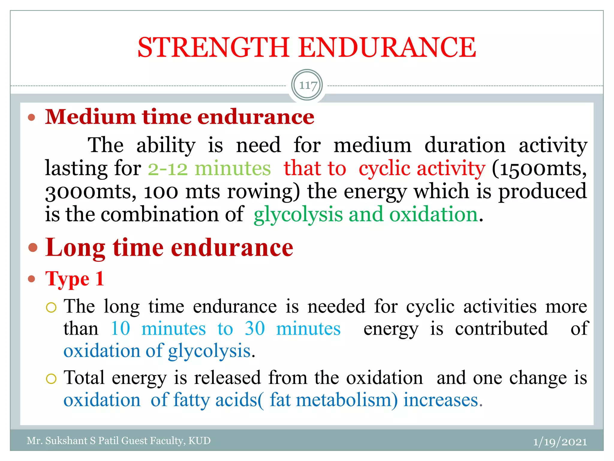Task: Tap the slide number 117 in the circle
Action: coord(308,85)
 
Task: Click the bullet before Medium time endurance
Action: coord(31,117)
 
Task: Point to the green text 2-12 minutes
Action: coord(209,168)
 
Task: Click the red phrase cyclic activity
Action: coord(422,168)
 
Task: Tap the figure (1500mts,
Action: coord(539,168)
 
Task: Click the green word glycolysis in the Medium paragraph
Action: coord(298,215)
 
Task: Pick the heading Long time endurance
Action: coord(169,248)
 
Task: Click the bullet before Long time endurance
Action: coord(33,248)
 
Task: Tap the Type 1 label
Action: coord(75,279)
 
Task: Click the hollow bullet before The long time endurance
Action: coord(51,307)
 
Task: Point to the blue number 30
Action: coord(255,328)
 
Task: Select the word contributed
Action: coord(501,328)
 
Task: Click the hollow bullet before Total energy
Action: coord(51,378)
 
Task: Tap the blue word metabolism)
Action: coord(347,400)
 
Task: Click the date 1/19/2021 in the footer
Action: coord(560,441)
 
